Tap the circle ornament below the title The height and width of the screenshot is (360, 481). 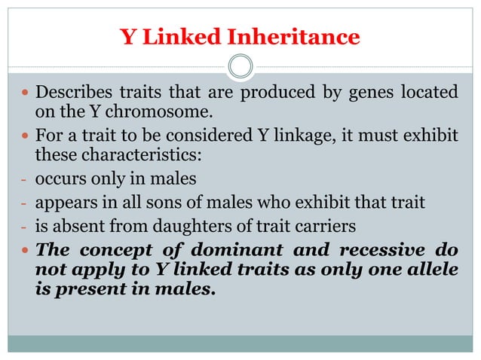[x=240, y=67]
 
